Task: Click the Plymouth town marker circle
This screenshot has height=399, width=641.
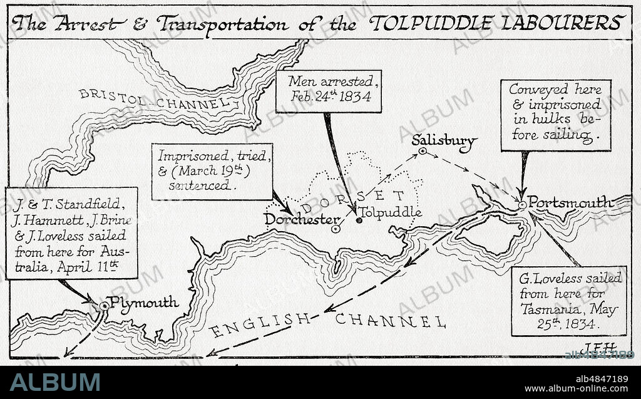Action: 104,306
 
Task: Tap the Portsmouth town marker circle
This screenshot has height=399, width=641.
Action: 522,204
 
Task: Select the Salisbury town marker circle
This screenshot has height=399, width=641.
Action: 423,151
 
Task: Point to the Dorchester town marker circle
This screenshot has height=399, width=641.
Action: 336,229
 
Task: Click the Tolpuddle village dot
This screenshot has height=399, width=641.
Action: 359,220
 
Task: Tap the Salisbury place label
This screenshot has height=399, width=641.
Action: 444,142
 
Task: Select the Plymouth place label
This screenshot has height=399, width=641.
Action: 144,303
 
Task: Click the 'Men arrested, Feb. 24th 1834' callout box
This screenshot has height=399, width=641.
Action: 329,90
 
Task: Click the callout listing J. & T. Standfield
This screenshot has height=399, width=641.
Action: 72,233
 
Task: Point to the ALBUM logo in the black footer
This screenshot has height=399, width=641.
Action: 54,381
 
